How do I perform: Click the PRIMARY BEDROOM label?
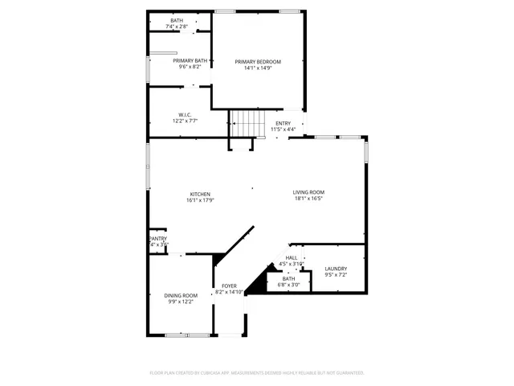click(258, 62)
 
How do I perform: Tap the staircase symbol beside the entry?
click(248, 124)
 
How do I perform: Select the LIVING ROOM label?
click(308, 192)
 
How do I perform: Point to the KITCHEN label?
click(200, 195)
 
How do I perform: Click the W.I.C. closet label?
click(185, 115)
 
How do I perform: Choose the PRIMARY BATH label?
click(190, 61)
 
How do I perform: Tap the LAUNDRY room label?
click(336, 269)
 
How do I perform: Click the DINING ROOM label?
click(181, 296)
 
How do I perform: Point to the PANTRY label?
click(158, 239)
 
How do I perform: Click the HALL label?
click(291, 258)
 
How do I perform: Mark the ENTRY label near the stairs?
click(284, 123)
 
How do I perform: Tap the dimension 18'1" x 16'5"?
click(308, 199)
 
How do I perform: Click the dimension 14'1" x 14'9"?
click(258, 68)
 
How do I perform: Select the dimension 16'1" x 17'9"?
click(200, 201)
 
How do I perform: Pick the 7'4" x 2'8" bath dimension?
click(177, 27)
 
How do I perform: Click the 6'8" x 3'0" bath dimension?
click(288, 285)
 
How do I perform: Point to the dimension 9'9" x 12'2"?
click(181, 302)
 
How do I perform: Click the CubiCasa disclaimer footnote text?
click(257, 372)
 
